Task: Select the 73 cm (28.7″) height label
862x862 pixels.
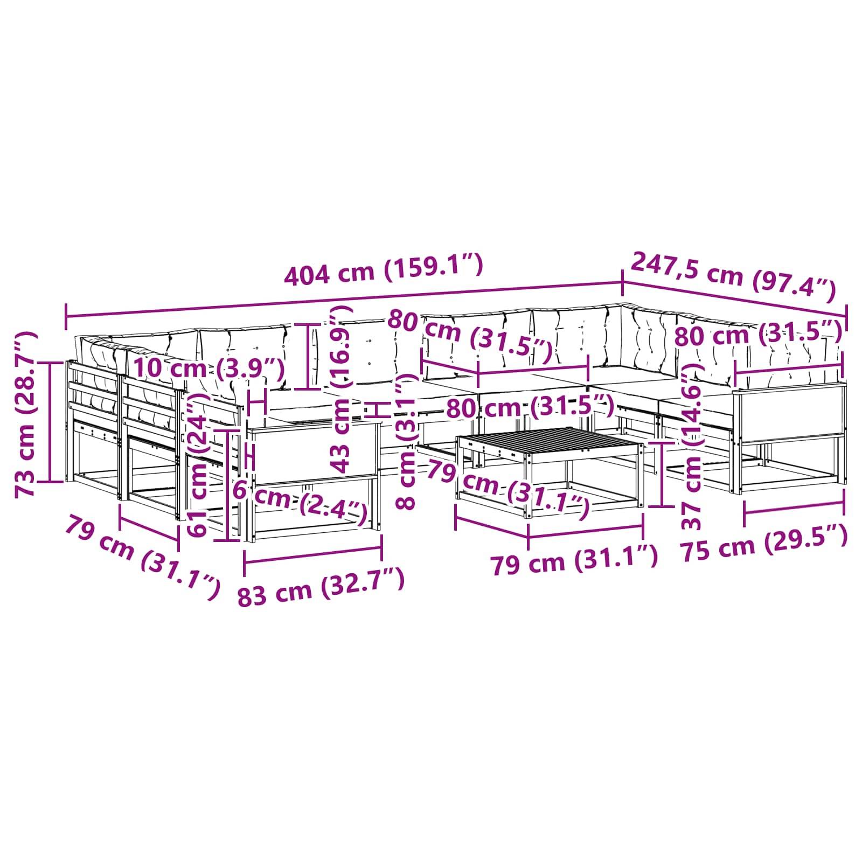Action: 26,415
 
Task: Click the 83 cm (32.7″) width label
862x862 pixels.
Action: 321,587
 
